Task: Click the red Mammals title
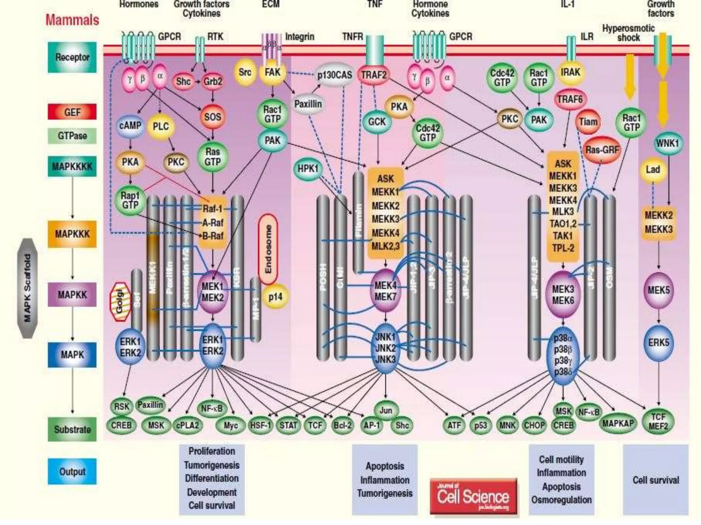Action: [72, 20]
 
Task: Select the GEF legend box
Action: [72, 112]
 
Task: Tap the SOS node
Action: [213, 117]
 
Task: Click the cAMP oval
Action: [130, 126]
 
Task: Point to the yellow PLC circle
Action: [161, 126]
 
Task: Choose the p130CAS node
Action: [334, 75]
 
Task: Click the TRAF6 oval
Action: [570, 99]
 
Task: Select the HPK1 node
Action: [308, 169]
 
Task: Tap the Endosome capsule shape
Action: [268, 249]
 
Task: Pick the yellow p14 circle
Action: [275, 296]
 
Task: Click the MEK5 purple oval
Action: [659, 291]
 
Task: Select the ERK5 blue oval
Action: [659, 343]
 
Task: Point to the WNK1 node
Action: [667, 143]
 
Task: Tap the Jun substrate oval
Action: [386, 410]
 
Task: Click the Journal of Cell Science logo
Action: [473, 496]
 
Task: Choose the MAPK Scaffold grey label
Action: [27, 288]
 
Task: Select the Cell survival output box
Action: [655, 480]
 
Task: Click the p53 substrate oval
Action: [481, 426]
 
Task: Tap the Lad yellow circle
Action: [653, 170]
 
